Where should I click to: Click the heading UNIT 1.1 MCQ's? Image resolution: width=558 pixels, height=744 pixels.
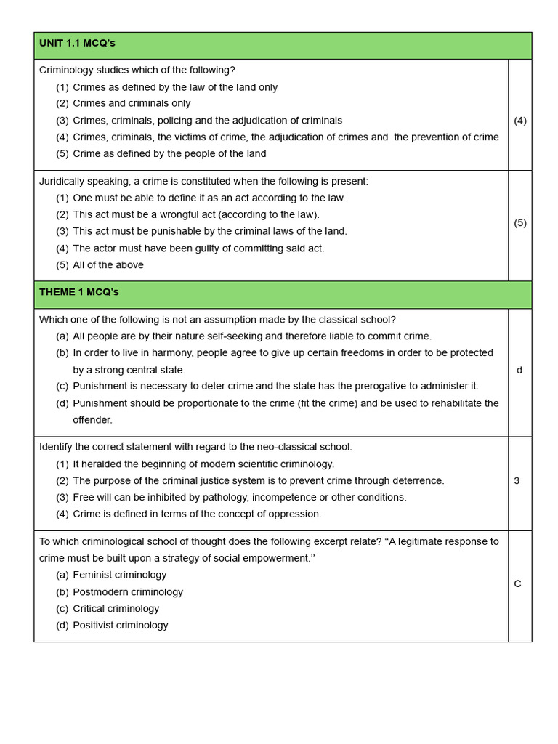click(77, 44)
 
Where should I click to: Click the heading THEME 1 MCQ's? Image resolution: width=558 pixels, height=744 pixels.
click(78, 292)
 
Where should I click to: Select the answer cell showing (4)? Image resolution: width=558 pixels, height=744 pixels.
click(520, 121)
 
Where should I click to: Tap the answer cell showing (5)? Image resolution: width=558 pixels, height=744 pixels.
click(520, 223)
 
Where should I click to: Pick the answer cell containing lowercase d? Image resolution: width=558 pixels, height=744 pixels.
click(519, 370)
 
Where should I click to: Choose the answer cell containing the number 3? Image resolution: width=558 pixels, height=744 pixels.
click(517, 480)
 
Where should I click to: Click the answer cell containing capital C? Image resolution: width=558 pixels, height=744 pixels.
click(517, 583)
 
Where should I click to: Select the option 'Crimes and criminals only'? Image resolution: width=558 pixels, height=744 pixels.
click(132, 104)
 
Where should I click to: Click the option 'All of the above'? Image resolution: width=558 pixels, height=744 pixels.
click(108, 265)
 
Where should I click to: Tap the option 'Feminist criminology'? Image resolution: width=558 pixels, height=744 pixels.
click(120, 575)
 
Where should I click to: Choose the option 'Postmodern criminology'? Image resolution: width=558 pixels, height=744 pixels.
click(128, 592)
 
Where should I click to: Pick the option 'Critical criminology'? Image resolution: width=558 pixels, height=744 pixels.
click(116, 609)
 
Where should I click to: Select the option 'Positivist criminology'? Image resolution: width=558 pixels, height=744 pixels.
click(121, 626)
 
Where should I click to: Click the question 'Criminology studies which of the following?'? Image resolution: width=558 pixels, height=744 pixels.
click(137, 70)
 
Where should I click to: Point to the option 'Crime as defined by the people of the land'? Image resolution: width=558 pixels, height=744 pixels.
click(169, 154)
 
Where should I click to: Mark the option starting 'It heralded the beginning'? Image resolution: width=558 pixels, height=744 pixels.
click(203, 464)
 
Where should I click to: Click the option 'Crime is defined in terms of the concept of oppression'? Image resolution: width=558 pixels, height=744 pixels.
click(197, 514)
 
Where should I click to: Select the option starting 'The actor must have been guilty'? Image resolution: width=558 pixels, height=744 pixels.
click(198, 248)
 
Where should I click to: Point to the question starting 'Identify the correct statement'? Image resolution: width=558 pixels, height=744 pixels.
click(195, 447)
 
